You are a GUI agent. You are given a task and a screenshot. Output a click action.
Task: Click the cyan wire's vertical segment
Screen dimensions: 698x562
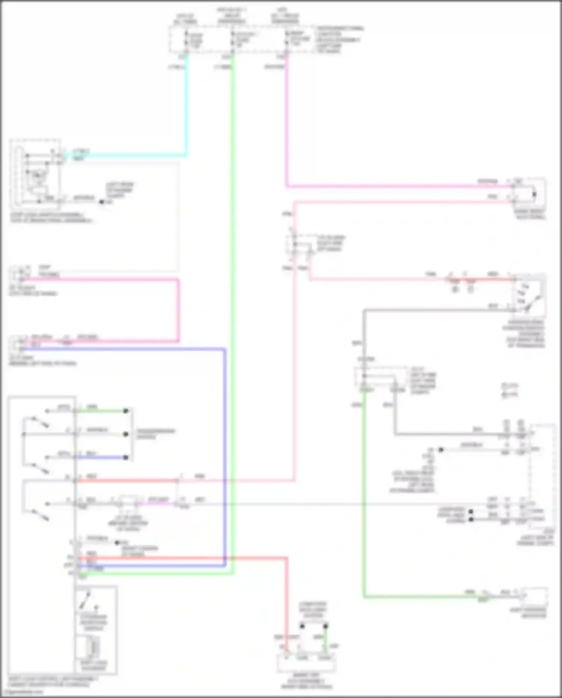point(186,105)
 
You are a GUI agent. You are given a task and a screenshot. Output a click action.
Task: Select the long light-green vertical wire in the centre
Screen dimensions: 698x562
point(232,263)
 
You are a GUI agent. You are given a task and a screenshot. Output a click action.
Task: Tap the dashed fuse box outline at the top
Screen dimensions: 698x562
point(240,39)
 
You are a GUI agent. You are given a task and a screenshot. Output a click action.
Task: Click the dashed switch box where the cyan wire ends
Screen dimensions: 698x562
point(36,174)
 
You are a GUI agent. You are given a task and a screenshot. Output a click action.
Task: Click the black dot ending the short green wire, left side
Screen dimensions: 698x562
point(126,411)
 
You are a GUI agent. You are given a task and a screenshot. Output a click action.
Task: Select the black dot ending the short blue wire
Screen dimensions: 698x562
point(126,458)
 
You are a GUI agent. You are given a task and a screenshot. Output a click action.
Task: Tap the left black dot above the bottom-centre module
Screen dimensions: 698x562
point(302,626)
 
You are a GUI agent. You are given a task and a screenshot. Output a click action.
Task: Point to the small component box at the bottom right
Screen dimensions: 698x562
point(534,596)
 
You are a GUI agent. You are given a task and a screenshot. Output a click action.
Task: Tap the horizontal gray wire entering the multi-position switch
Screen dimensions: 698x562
point(435,310)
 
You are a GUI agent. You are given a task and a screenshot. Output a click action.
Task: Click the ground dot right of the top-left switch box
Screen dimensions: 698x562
point(102,202)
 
